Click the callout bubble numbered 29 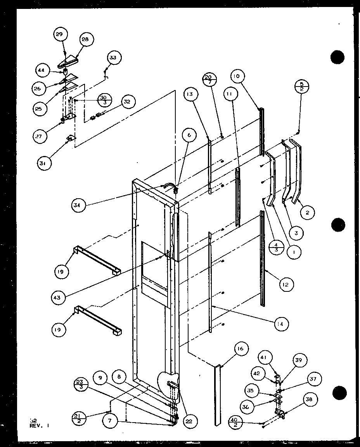[x=59, y=35]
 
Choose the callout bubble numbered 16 [x=240, y=349]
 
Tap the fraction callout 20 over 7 [x=210, y=81]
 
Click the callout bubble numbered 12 [x=286, y=284]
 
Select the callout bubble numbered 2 [x=307, y=212]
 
